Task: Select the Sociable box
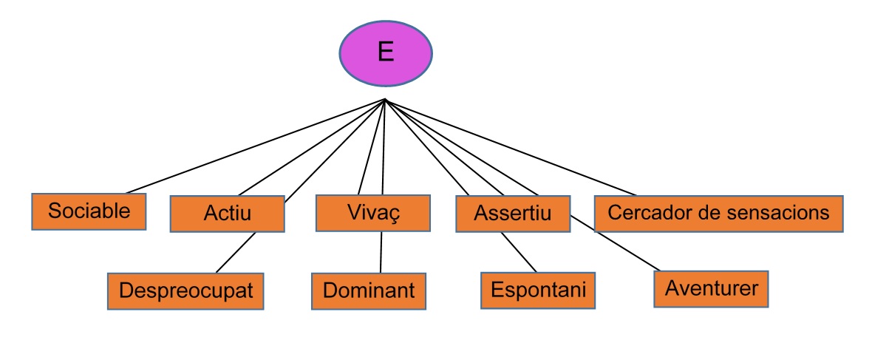(x=89, y=211)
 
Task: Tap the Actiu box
(x=227, y=214)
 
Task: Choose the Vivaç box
(x=372, y=212)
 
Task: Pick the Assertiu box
(x=513, y=214)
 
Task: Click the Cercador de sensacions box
(x=718, y=213)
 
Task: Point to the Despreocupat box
(x=185, y=291)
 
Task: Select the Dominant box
(x=369, y=291)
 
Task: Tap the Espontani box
(x=537, y=290)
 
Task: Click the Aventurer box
(x=711, y=288)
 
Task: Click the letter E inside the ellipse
(x=385, y=52)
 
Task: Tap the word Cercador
(x=640, y=213)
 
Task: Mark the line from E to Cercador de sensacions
(x=510, y=148)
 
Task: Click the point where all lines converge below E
(x=385, y=100)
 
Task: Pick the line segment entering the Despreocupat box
(x=236, y=253)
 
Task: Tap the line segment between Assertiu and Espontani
(x=518, y=251)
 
